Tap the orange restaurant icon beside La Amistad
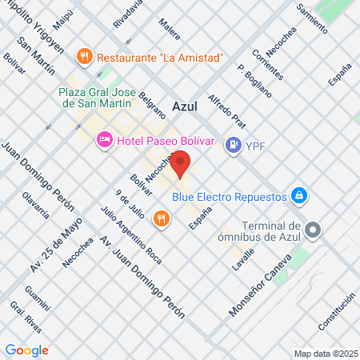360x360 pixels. [x=82, y=57]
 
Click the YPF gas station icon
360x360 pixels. [x=233, y=145]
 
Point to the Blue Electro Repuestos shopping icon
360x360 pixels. [x=298, y=194]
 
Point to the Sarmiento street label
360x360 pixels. [x=311, y=17]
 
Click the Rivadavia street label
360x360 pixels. [x=127, y=14]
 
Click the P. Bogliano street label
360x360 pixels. [x=255, y=79]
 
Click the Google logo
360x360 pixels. [x=26, y=350]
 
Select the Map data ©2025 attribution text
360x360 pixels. [x=325, y=353]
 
